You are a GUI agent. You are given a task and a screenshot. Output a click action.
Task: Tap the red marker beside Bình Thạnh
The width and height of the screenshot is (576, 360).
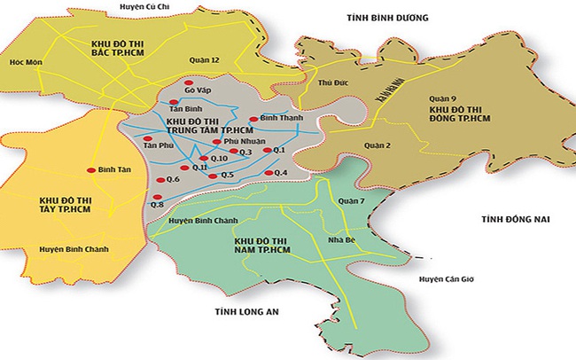(x=253, y=119)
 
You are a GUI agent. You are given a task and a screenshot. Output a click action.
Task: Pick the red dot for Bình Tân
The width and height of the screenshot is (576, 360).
(x=90, y=169)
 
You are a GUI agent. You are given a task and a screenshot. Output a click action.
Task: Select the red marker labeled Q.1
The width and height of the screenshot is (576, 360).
(x=267, y=151)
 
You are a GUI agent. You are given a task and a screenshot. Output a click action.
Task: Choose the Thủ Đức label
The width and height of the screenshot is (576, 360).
(x=330, y=82)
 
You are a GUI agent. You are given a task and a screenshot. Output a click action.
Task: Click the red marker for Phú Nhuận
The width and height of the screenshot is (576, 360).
(x=217, y=141)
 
